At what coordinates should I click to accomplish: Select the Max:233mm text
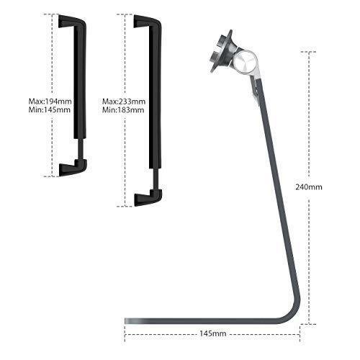(x=124, y=102)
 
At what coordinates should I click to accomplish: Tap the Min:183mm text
(x=123, y=110)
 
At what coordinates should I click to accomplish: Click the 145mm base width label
(x=213, y=334)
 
